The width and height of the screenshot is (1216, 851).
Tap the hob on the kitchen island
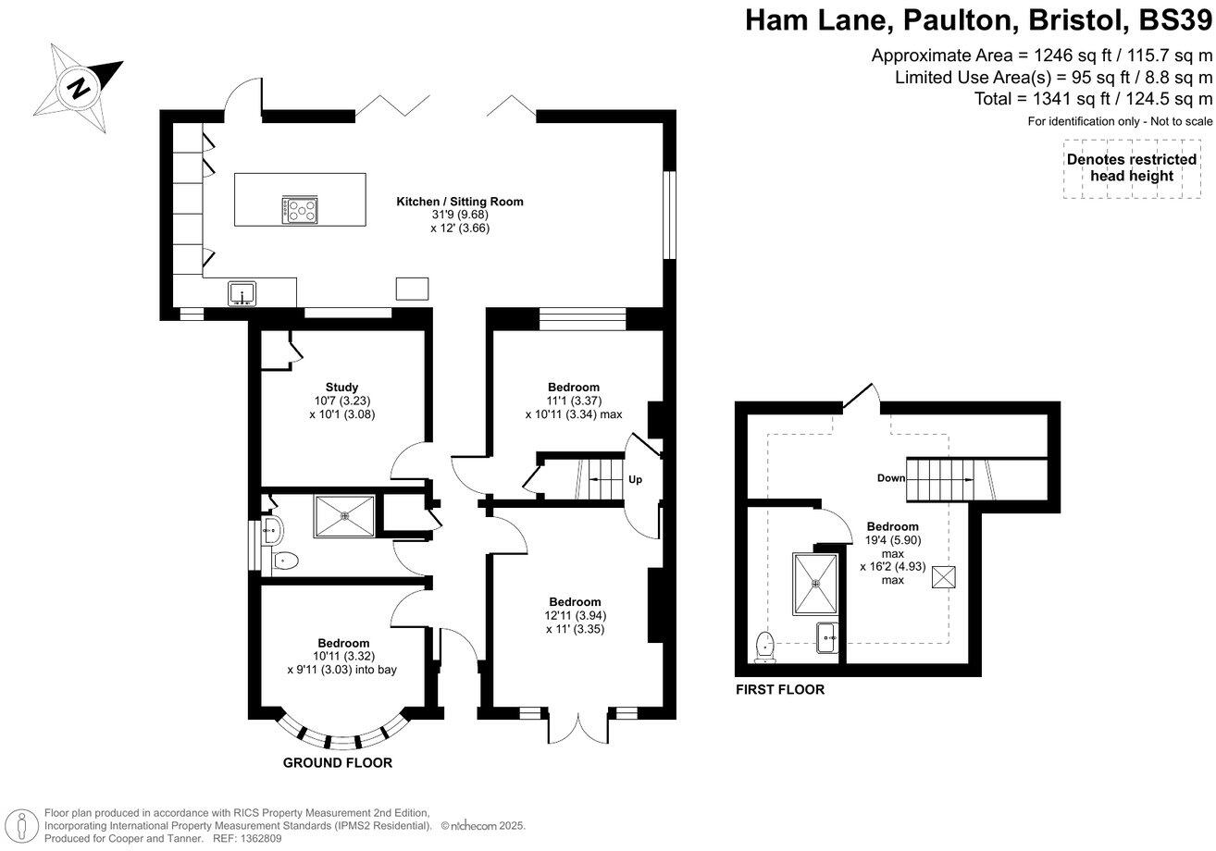(x=300, y=210)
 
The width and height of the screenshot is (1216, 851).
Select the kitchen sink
(x=242, y=293)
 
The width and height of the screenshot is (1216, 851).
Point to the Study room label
(x=341, y=387)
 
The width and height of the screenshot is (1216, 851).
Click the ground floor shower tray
(x=344, y=516)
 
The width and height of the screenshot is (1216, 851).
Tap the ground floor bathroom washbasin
(x=271, y=531)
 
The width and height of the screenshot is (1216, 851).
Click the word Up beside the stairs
(x=635, y=480)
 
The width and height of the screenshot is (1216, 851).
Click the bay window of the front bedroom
(x=342, y=734)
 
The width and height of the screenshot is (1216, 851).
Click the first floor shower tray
(x=815, y=584)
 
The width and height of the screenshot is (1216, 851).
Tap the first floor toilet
(x=765, y=647)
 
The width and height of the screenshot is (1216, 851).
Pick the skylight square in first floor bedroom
(x=943, y=576)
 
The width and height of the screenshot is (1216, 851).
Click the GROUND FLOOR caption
(x=338, y=763)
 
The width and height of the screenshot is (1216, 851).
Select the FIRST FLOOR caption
(x=779, y=689)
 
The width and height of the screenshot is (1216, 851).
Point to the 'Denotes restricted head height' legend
(x=1131, y=167)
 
